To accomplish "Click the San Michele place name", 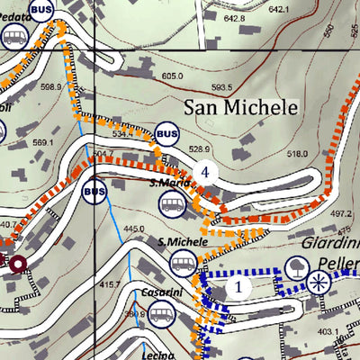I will point(240,108).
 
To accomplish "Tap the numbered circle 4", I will point(208,172).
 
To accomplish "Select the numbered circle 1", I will point(238,287).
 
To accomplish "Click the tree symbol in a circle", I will point(294,265).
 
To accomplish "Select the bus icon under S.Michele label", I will point(183,264).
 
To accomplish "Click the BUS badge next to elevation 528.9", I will point(166,133).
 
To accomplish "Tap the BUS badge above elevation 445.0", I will point(94,191).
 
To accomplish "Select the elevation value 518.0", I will point(271,155).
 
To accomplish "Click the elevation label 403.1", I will point(328,332).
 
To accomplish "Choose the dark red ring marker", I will point(16,262).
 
